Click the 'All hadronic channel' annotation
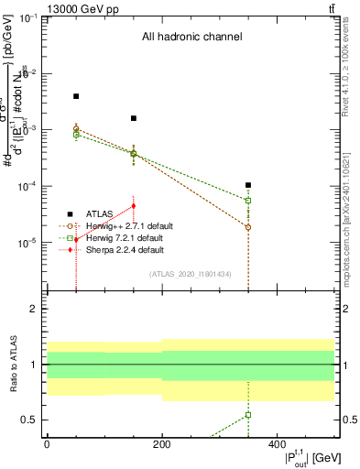click(191, 38)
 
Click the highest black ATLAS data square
click(76, 96)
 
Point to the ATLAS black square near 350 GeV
click(248, 185)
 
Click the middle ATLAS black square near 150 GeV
click(134, 118)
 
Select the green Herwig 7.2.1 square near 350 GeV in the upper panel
click(248, 200)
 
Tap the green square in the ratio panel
click(248, 415)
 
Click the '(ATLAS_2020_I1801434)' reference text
click(191, 274)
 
